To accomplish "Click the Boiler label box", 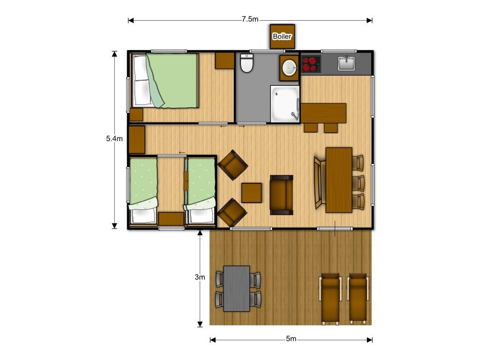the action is [x=282, y=37].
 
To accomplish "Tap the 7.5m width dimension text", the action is [x=250, y=19].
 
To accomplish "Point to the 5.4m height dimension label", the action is [x=114, y=139].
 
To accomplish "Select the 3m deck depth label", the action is [x=200, y=277].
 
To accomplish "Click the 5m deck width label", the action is [x=291, y=339].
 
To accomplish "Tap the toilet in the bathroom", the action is [x=247, y=63].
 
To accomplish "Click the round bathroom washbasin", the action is [x=289, y=67].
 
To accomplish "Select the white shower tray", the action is [x=285, y=104].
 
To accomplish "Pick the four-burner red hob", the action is [x=311, y=64].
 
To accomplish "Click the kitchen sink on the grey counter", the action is [x=346, y=63].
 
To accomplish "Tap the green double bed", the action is [x=165, y=81].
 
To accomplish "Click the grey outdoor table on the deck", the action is [x=237, y=289].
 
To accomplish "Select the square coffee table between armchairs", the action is [x=251, y=193].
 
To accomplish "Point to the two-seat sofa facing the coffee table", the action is [x=281, y=195].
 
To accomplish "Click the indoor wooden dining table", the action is [x=339, y=180].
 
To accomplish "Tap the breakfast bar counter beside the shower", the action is [x=323, y=113].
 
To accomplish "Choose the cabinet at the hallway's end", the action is [x=137, y=140].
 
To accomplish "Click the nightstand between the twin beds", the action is [x=171, y=219].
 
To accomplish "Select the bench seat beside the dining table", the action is [x=320, y=183].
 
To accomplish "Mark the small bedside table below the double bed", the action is [x=136, y=115].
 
